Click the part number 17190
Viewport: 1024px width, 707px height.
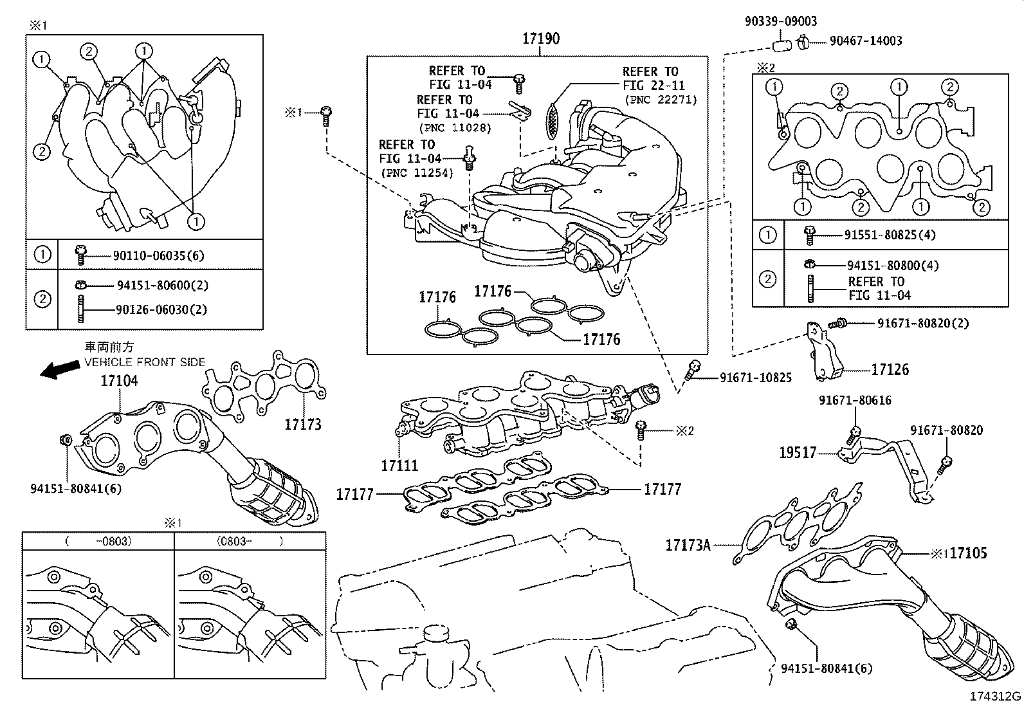[541, 39]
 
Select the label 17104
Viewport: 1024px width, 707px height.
[119, 380]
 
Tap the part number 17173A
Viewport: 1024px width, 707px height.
[688, 545]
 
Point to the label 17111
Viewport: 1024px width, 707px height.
[399, 466]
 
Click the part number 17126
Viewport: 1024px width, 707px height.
[890, 369]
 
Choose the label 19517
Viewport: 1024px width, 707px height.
[798, 453]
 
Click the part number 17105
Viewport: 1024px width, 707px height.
[968, 553]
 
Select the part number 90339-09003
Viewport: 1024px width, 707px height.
[781, 21]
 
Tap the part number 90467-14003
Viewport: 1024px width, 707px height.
[866, 41]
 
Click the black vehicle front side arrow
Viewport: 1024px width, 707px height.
[59, 369]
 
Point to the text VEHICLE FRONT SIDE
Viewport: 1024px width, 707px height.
[145, 362]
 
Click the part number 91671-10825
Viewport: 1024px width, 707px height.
[756, 378]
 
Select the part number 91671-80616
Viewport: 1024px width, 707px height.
[855, 400]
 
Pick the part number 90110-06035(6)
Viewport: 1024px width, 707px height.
[159, 255]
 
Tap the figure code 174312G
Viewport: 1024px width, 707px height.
[995, 696]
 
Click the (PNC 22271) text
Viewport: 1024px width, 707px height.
[661, 100]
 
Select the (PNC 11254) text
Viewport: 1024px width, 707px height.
[417, 173]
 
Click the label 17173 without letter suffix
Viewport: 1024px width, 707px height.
[303, 425]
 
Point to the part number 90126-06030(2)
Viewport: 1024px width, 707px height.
[161, 309]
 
